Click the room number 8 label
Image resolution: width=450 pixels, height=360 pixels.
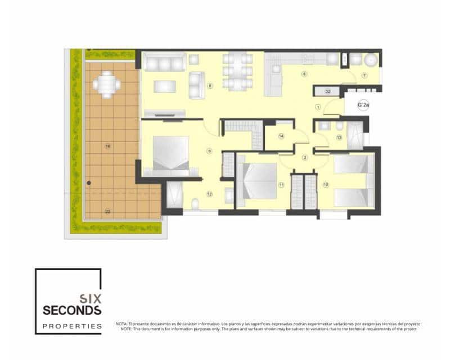(209, 86)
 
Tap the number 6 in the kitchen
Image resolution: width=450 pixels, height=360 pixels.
(304, 74)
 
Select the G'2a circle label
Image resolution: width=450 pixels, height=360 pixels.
(363, 105)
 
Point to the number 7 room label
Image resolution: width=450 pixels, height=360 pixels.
(364, 75)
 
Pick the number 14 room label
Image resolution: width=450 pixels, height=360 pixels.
(281, 136)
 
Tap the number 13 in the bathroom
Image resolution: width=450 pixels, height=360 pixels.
(339, 137)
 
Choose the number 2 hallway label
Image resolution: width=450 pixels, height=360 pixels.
(305, 157)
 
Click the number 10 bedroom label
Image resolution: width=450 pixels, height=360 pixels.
(326, 184)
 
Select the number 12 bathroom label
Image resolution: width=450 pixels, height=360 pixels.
(209, 194)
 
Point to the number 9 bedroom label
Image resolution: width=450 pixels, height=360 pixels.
(209, 151)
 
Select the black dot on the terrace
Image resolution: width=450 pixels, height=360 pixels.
(89, 182)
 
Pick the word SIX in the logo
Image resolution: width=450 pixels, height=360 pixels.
(90, 298)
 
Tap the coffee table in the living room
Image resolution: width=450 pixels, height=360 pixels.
(165, 86)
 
